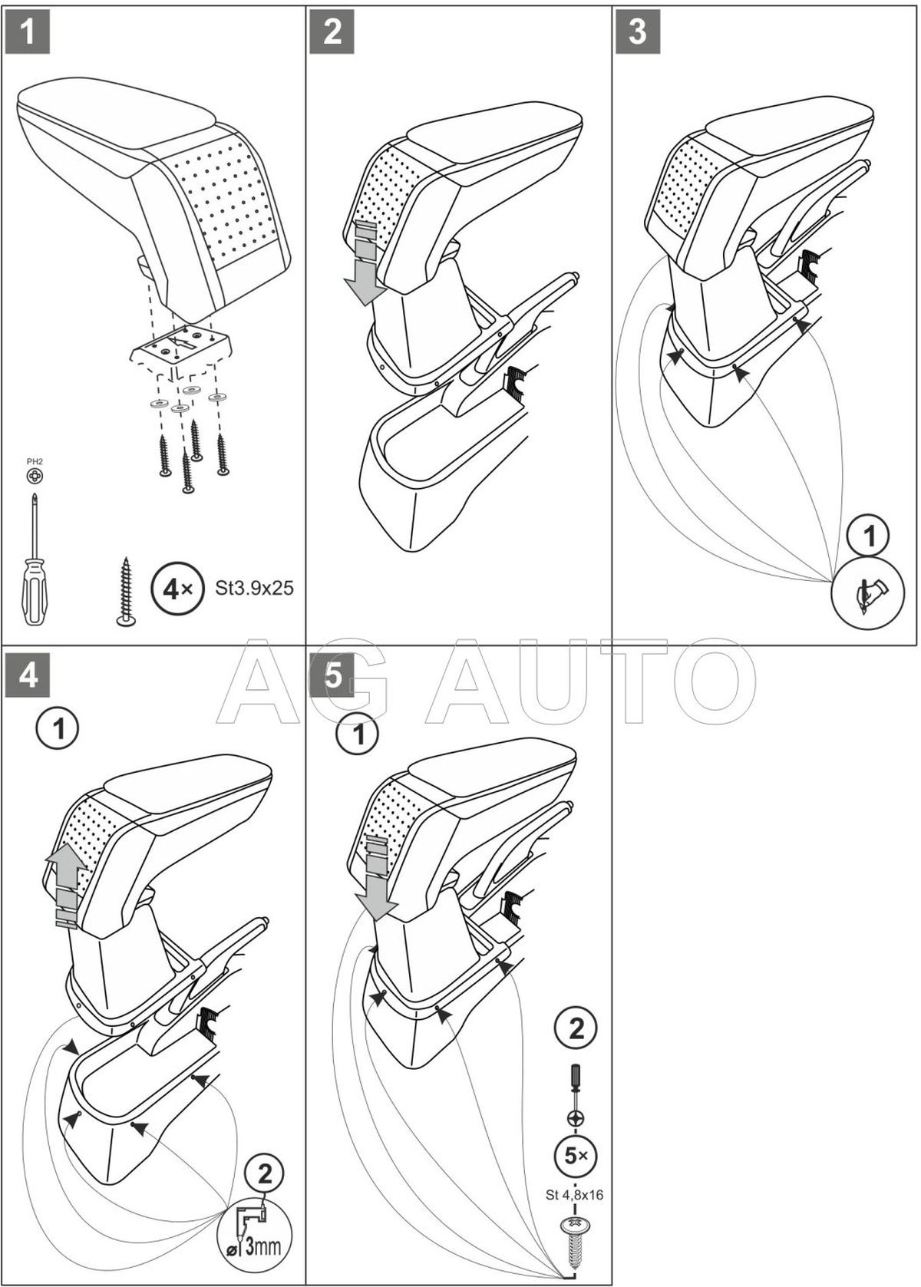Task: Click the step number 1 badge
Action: coord(28,33)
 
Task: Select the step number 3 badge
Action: coord(638,33)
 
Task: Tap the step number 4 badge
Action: coord(28,678)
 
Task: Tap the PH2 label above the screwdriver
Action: coord(35,461)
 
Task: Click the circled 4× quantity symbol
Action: coord(173,589)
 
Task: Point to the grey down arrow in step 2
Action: coord(363,263)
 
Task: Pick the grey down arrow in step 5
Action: coord(378,883)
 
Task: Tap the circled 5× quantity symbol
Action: coord(576,1155)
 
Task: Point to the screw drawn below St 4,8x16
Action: coord(576,1237)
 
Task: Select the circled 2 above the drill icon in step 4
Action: coord(263,1173)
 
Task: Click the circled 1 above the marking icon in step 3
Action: coord(870,536)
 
